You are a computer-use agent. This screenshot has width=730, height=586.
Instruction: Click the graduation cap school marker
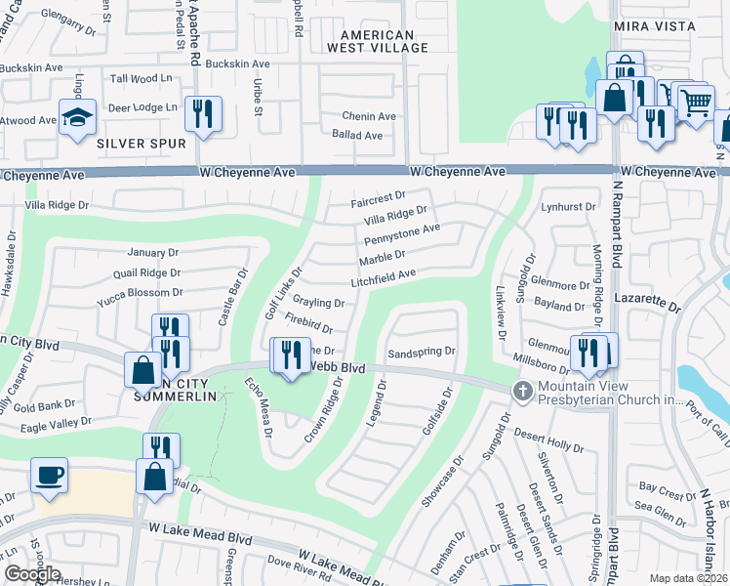click(x=77, y=117)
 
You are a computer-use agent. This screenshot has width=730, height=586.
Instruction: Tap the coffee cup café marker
click(x=49, y=476)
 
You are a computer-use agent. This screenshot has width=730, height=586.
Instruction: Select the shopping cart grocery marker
click(x=695, y=103)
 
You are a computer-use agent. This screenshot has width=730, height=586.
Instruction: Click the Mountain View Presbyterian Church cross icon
click(x=523, y=391)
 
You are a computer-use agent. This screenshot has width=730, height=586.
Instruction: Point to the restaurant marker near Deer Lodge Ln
click(x=203, y=114)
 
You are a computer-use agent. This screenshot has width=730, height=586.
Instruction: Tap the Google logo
click(x=32, y=574)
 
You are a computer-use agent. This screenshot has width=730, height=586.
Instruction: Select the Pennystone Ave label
click(x=401, y=234)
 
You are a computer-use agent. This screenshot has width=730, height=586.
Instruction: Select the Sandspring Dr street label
click(x=422, y=351)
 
